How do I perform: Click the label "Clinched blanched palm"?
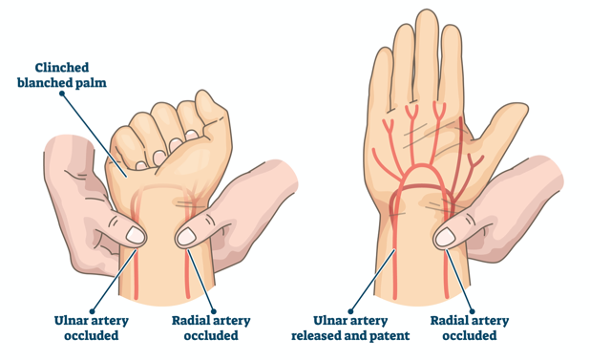point(62,75)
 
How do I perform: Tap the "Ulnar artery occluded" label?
point(92,328)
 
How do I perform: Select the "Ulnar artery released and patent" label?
point(350,328)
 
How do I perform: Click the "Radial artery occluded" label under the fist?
point(211,328)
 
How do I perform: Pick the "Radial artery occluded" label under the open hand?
point(470,328)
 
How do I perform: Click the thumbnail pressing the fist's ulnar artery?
point(135,235)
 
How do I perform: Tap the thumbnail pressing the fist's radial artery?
point(186,237)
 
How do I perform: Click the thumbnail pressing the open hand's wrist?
point(445,237)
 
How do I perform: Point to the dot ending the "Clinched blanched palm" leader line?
point(62,94)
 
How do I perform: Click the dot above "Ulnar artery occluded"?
point(92,311)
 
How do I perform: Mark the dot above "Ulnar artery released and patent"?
point(350,311)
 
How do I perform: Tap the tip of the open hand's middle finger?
point(427,12)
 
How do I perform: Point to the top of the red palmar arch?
point(424,165)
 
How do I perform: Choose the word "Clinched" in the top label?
point(62,68)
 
